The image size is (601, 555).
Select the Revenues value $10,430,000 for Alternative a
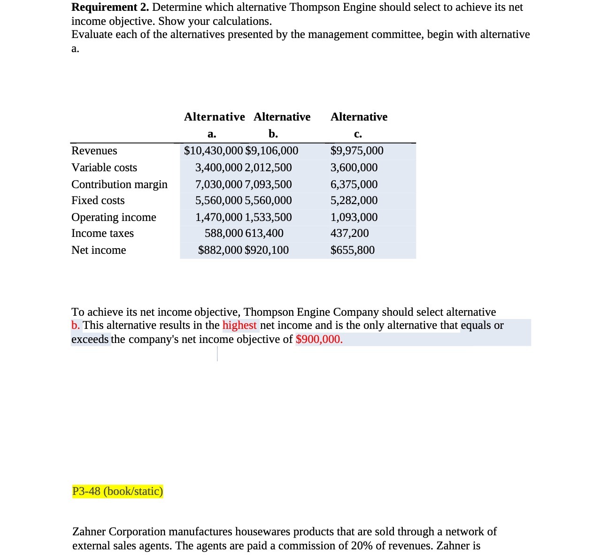213,151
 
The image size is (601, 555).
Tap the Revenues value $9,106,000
271,151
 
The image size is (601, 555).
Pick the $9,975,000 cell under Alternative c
357,151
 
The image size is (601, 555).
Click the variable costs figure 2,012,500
268,167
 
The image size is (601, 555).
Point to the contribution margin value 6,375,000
354,184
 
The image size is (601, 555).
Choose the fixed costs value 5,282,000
354,200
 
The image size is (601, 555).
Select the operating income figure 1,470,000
219,217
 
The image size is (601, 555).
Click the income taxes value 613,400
264,233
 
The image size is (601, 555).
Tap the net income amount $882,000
220,250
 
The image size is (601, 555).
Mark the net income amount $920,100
267,250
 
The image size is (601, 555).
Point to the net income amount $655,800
352,250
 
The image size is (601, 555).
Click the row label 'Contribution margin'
119,184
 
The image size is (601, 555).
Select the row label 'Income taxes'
102,233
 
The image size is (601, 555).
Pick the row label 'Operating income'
114,217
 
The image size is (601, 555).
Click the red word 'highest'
239,325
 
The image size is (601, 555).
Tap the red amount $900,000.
319,339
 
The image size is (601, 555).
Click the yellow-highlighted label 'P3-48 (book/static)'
117,491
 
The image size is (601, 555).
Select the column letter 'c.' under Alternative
358,134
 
